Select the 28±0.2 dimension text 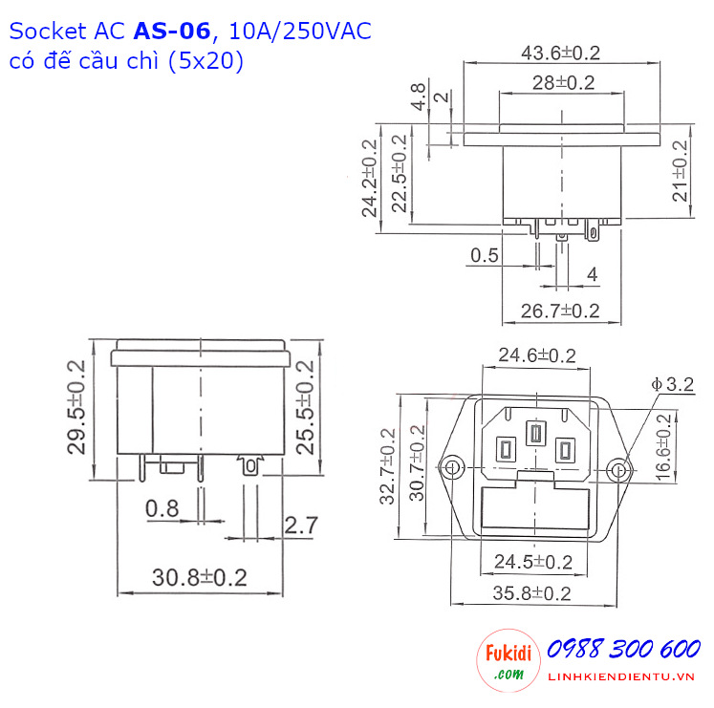(563, 83)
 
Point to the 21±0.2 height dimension (680, 170)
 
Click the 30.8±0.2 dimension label (200, 578)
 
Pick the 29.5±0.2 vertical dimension (76, 406)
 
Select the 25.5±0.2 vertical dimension (307, 406)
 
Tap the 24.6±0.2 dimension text (537, 356)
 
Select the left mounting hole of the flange (452, 468)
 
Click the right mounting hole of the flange (619, 469)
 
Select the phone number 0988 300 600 (624, 650)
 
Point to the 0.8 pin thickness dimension (162, 509)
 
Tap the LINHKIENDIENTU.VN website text (624, 677)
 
